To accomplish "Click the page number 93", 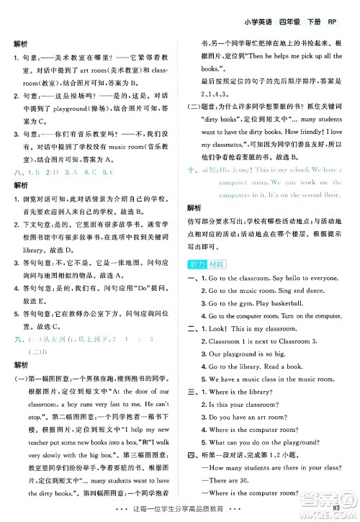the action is (x=346, y=511).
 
